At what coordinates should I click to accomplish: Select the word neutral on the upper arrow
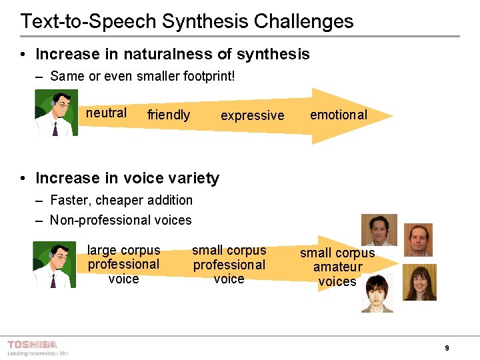(106, 113)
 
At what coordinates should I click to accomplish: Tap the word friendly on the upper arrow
(169, 115)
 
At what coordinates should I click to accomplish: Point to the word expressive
(252, 115)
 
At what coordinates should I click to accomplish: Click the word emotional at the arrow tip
(338, 115)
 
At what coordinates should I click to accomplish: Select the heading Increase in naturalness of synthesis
(172, 54)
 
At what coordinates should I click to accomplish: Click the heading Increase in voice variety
(127, 178)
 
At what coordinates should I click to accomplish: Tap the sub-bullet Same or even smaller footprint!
(142, 76)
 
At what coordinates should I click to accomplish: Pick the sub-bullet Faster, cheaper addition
(121, 200)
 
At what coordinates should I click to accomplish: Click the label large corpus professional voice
(124, 265)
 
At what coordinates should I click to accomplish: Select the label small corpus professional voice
(229, 265)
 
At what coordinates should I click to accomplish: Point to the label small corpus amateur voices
(337, 267)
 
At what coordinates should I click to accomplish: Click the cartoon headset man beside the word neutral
(57, 113)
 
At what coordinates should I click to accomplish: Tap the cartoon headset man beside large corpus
(55, 265)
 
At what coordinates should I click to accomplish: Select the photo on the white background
(377, 293)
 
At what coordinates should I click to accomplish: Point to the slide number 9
(447, 348)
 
